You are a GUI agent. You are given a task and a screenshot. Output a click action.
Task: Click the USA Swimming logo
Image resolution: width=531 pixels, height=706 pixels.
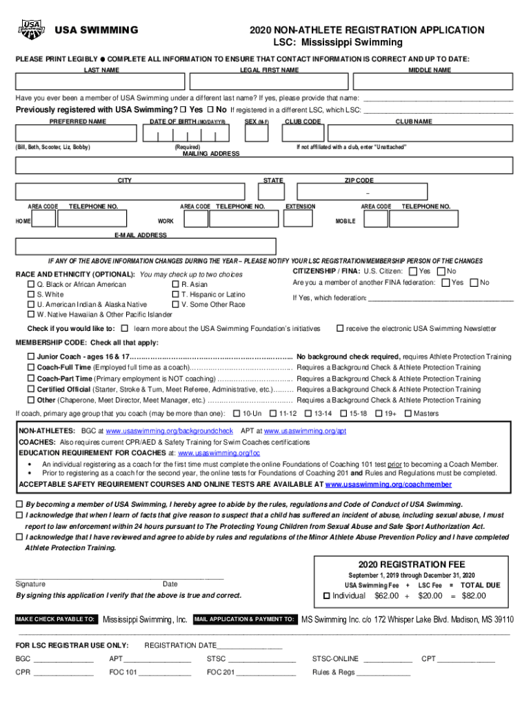[x=31, y=29]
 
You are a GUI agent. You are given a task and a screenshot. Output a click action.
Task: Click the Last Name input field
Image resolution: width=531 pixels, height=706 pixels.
[x=101, y=82]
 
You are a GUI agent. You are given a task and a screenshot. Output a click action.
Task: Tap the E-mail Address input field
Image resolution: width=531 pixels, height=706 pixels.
[x=146, y=247]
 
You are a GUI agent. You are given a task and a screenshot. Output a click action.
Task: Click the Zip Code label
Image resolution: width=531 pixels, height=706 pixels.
[x=359, y=181]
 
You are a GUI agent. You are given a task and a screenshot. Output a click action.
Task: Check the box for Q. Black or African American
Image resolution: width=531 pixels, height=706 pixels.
[x=30, y=285]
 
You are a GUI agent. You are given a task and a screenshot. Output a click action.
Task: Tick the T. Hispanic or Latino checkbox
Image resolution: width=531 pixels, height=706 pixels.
[x=175, y=294]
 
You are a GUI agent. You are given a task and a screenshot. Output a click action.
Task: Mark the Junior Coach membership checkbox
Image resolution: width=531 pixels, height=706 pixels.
[x=30, y=357]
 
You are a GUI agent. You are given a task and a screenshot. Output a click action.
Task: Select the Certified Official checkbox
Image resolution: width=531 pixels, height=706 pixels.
[x=30, y=390]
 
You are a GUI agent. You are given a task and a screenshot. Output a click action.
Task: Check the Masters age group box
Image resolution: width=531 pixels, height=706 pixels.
[x=408, y=414]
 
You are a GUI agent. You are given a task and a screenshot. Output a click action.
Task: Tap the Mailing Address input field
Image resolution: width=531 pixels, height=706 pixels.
[x=263, y=165]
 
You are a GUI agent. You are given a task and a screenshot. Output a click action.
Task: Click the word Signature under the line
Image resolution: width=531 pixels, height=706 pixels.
[x=30, y=584]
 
